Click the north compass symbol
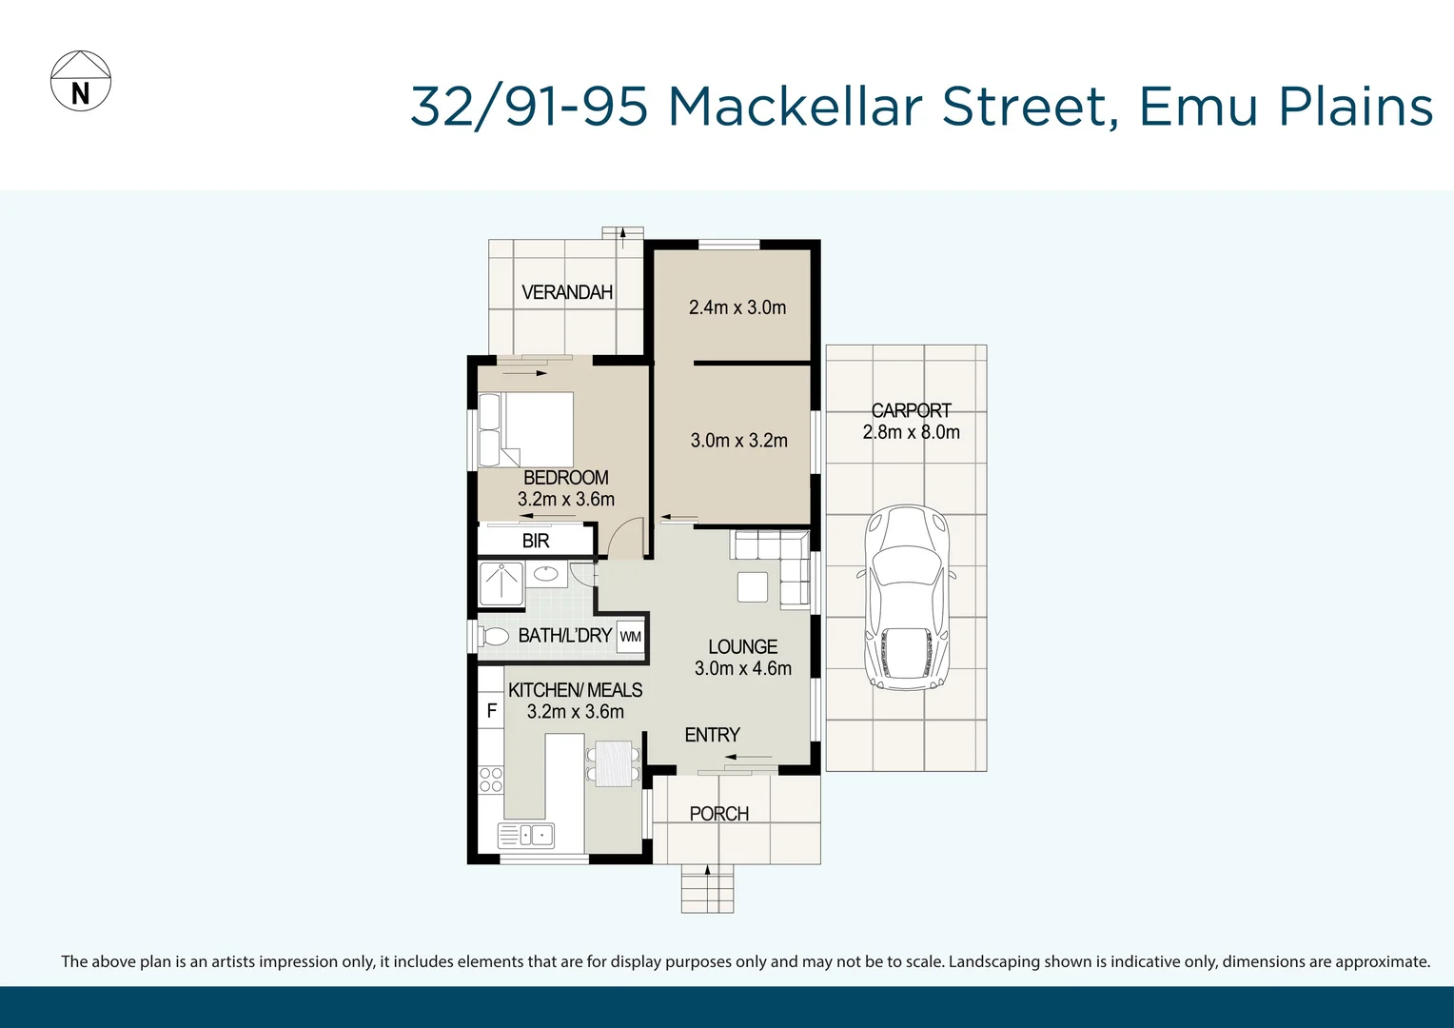pos(81,81)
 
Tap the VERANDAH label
pos(567,292)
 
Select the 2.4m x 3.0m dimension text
pos(737,307)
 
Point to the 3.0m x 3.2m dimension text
pos(739,441)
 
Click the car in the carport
pos(905,597)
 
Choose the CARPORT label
pos(911,410)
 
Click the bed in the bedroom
pos(526,428)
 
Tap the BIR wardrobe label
pos(536,541)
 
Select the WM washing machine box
pos(630,637)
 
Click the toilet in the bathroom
pos(493,636)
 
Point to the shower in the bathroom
pos(501,583)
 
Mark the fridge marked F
pos(491,710)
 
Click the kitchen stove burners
pos(491,780)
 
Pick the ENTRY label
pos(712,735)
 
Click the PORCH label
pos(718,814)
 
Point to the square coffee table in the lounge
pos(752,586)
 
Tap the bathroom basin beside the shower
pos(545,573)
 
